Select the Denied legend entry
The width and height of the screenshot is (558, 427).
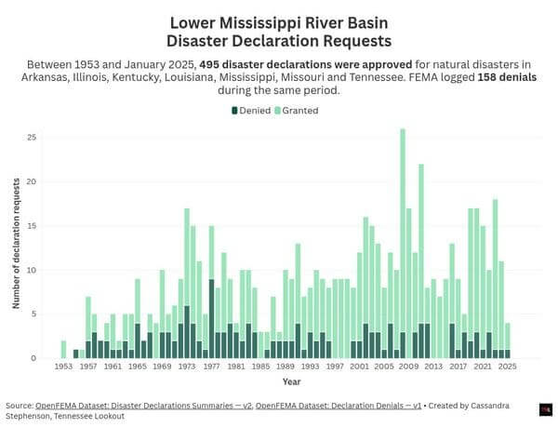251,111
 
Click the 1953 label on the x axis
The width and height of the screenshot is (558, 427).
63,367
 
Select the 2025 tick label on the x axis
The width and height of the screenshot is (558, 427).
508,367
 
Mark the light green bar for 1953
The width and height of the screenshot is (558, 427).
63,350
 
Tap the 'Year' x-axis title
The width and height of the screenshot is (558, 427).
291,381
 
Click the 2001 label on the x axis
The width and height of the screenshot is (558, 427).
359,367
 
